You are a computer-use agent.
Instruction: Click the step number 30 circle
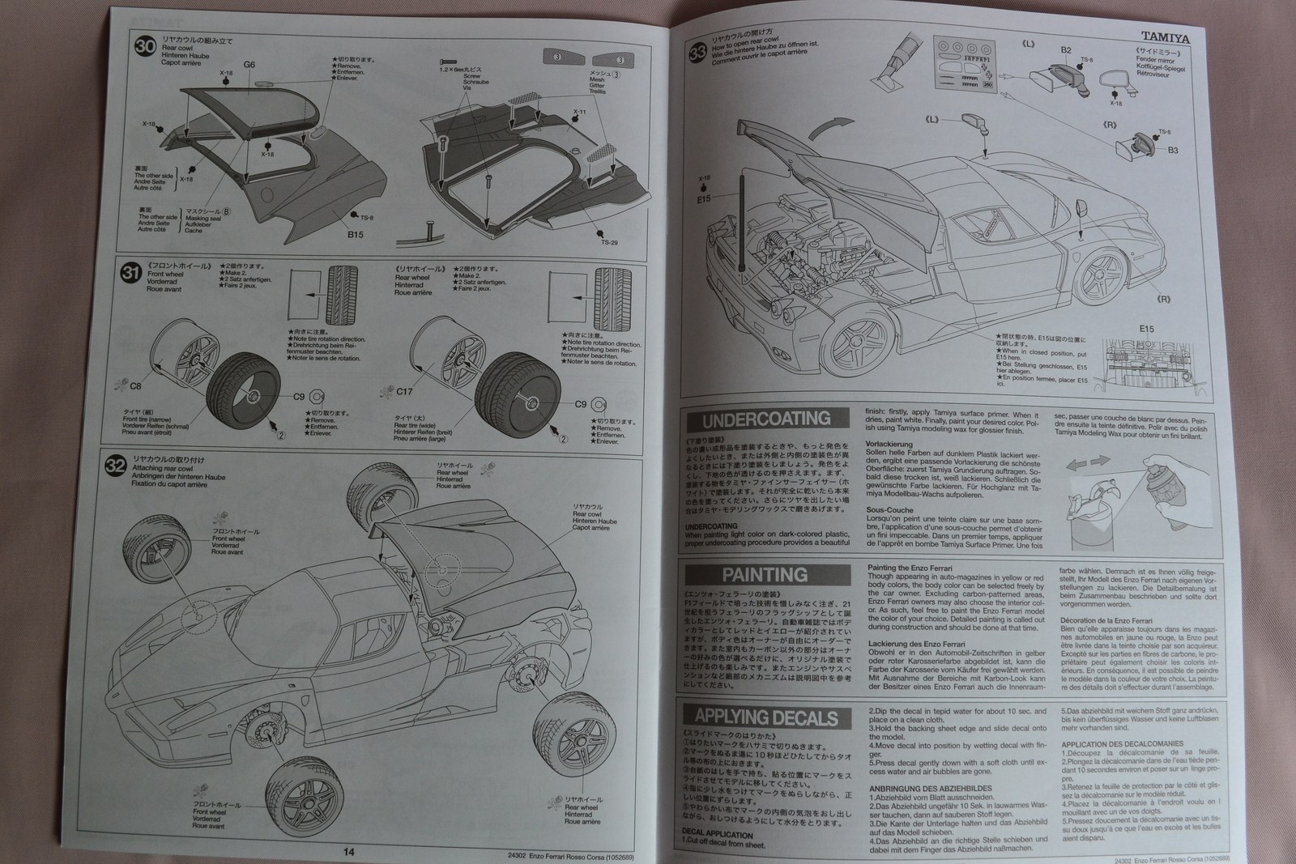click(146, 47)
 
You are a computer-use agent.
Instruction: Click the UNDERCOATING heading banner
click(765, 419)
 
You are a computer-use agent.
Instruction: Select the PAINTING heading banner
click(765, 575)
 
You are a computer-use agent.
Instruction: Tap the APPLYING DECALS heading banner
click(765, 717)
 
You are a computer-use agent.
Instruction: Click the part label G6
click(249, 65)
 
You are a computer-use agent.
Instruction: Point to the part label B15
click(355, 235)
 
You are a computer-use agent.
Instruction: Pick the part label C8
click(135, 387)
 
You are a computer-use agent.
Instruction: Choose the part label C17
click(404, 391)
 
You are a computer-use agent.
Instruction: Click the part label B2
click(1066, 50)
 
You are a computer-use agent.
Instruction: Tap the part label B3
click(1172, 150)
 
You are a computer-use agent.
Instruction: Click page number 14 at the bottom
click(348, 851)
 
